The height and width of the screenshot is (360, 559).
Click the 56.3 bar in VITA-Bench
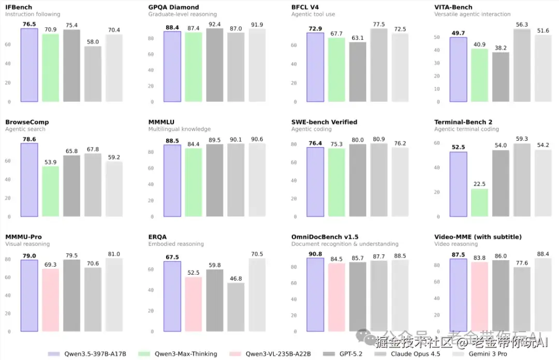(522, 65)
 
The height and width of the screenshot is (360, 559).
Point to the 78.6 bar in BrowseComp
(30, 179)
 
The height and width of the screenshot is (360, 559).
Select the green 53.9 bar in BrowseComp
(51, 191)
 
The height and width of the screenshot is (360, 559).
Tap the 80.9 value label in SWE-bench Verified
(379, 139)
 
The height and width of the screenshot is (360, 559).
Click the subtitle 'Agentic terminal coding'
(466, 129)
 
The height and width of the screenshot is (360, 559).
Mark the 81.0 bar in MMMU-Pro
(114, 295)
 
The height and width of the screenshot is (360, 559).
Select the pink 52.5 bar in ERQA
(194, 304)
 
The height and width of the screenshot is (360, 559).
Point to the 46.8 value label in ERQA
(236, 279)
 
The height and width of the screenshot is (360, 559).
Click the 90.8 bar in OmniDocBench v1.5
(316, 294)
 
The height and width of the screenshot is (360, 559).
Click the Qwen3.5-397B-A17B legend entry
(87, 354)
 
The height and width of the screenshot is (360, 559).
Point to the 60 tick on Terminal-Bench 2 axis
(437, 143)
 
